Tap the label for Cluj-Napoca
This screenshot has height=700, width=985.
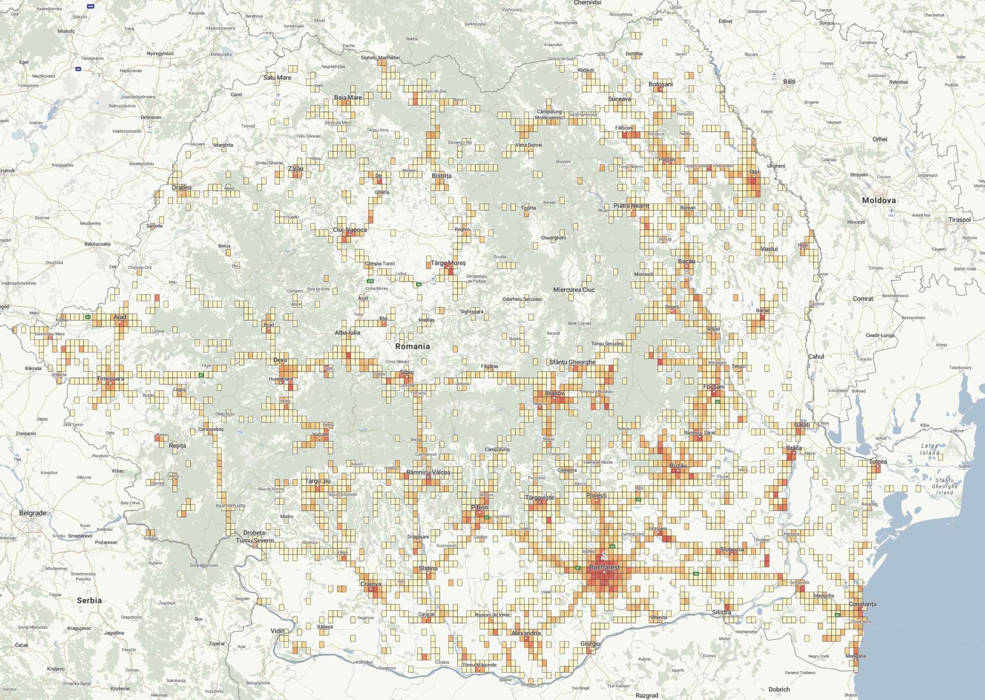pyautogui.click(x=350, y=230)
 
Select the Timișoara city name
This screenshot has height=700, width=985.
pyautogui.click(x=110, y=379)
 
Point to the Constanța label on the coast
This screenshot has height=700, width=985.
pyautogui.click(x=862, y=604)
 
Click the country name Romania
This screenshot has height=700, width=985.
pyautogui.click(x=412, y=346)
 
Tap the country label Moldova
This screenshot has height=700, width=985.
pyautogui.click(x=878, y=200)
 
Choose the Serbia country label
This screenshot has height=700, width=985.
pyautogui.click(x=89, y=600)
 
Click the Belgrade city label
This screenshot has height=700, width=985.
pyautogui.click(x=32, y=513)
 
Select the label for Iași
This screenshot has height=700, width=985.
pyautogui.click(x=755, y=172)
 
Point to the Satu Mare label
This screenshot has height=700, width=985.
pyautogui.click(x=277, y=78)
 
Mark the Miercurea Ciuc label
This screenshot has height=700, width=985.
pyautogui.click(x=574, y=290)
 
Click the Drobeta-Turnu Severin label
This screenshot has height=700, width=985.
pyautogui.click(x=255, y=537)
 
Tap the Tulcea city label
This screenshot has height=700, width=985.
pyautogui.click(x=878, y=462)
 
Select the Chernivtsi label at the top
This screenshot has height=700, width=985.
pyautogui.click(x=587, y=3)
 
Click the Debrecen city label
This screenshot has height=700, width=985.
pyautogui.click(x=150, y=117)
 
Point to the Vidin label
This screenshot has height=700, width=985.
pyautogui.click(x=277, y=631)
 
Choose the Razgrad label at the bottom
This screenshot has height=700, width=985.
pyautogui.click(x=647, y=695)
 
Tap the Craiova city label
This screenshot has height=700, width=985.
pyautogui.click(x=371, y=584)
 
